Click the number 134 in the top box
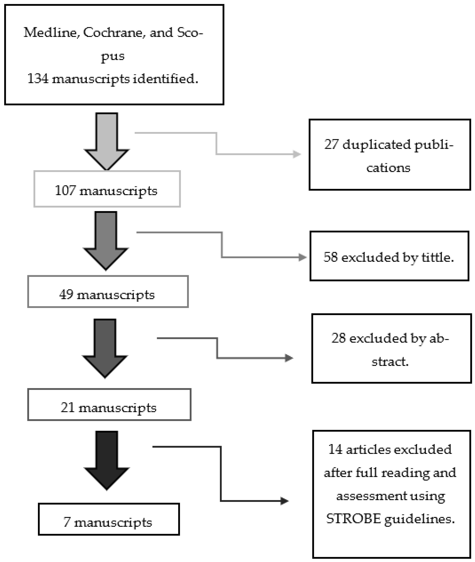(38, 79)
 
